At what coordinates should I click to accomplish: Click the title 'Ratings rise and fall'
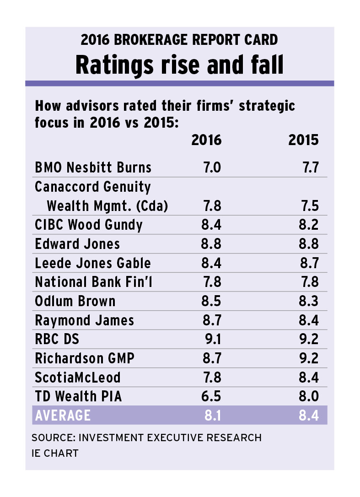(179, 65)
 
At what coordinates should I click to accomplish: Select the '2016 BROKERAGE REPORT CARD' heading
(179, 40)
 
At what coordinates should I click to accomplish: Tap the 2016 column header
(206, 140)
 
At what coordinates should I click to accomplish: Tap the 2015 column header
(303, 140)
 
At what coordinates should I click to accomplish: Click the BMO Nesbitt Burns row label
(93, 167)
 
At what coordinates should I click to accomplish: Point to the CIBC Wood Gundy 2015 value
(308, 225)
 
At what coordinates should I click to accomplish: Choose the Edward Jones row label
(77, 244)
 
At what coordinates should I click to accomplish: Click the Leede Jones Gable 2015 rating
(308, 263)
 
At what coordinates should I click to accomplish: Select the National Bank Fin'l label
(94, 282)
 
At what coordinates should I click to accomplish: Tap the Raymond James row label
(85, 320)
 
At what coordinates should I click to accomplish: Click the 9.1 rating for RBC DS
(211, 340)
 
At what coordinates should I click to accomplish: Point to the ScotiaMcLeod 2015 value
(308, 378)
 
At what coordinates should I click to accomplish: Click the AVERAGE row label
(63, 416)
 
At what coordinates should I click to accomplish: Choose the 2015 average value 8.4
(308, 416)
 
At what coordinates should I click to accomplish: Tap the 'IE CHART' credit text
(55, 454)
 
